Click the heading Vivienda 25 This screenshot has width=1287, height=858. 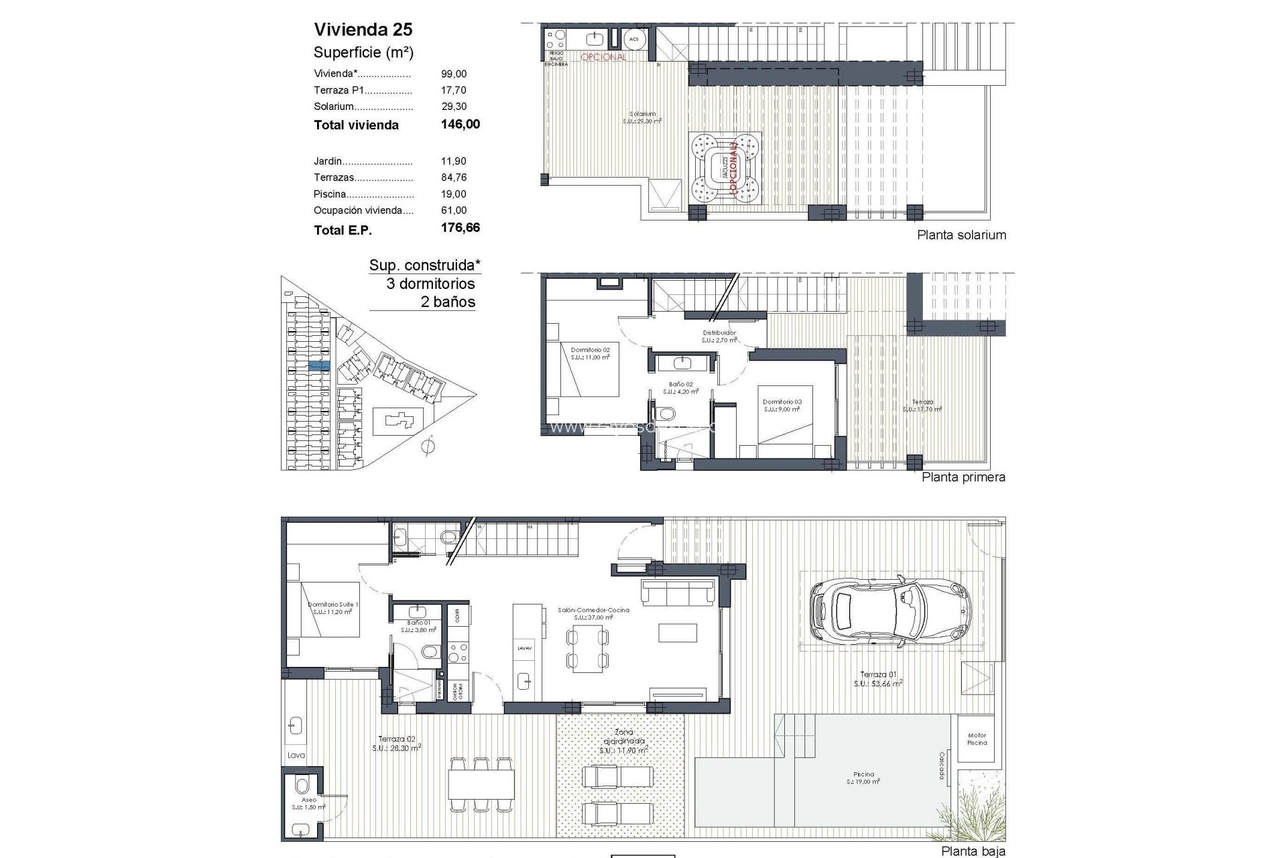pos(363,29)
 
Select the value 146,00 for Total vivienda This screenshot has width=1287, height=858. pos(460,124)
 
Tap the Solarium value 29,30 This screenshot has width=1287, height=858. pos(454,107)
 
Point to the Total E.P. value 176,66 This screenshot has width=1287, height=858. pos(460,228)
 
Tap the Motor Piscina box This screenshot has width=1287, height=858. pos(977,739)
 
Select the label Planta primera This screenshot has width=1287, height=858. pos(963,477)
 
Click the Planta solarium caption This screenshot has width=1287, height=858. pos(961,235)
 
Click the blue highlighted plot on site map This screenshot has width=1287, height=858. pos(319,366)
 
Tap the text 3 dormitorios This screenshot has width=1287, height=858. pos(430,284)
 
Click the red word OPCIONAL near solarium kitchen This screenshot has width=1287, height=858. pos(603,58)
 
